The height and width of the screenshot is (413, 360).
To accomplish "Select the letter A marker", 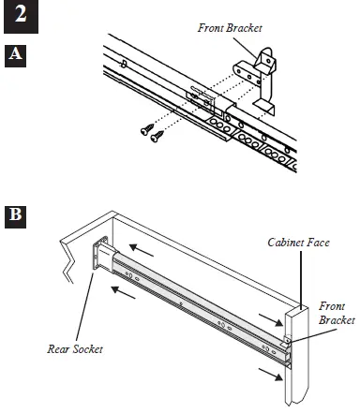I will (x=15, y=54).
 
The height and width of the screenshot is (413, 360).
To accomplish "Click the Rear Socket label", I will (x=74, y=349).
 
